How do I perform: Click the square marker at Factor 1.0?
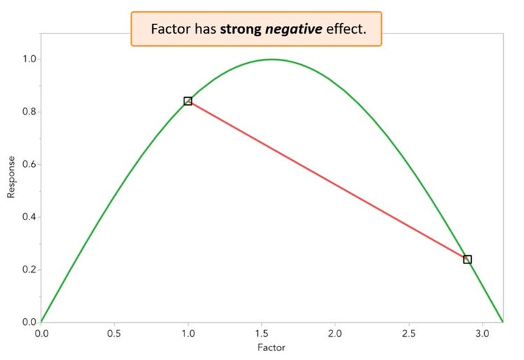coord(188,101)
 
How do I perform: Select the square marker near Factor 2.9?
coord(467,259)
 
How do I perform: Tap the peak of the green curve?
coord(272,59)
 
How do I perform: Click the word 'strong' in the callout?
coord(244,30)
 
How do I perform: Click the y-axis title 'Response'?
coord(11,177)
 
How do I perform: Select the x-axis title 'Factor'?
coord(272,347)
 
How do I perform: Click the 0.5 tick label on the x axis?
coord(115,333)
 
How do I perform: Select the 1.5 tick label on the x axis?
coord(261,333)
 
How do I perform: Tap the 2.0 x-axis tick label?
coord(335,333)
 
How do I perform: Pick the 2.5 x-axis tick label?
coord(409,333)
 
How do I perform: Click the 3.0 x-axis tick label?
coord(482,333)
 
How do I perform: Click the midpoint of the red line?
coord(328,180)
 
